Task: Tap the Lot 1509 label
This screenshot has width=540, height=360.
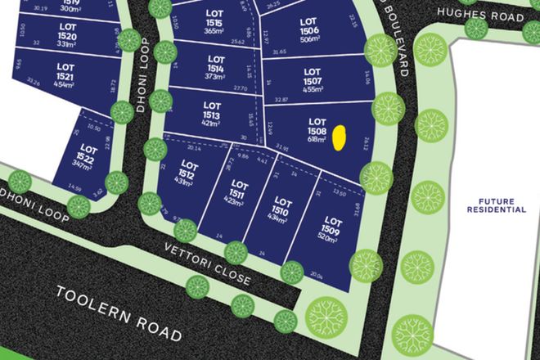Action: click(x=333, y=226)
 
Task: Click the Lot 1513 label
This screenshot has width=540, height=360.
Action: click(x=212, y=110)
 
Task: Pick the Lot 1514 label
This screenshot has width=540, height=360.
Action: click(x=216, y=64)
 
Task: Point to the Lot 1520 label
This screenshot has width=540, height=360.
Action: click(x=68, y=32)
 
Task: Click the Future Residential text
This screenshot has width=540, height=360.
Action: click(x=497, y=205)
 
